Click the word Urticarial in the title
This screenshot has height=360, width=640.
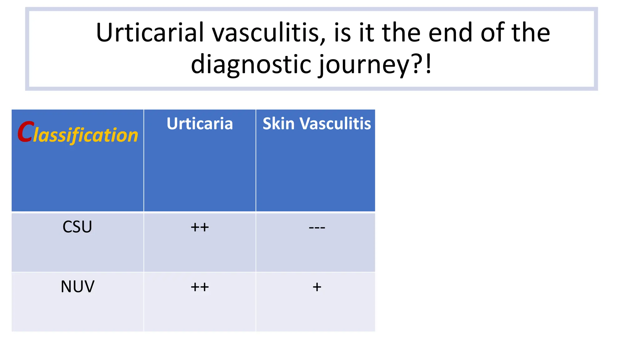pos(150,32)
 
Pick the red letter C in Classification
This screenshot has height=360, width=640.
pos(25,132)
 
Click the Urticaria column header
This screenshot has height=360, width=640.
pos(200,123)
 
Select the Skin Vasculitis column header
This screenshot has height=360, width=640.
pos(317,123)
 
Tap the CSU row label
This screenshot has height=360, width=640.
pos(77,227)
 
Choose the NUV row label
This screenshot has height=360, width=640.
pos(77,287)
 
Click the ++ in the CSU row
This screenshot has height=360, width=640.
pos(200,227)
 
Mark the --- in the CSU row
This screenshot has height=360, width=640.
pos(317,227)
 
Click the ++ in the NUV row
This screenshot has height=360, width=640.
pos(200,287)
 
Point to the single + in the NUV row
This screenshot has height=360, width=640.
pos(317,287)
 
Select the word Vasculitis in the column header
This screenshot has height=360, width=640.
pos(335,123)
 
